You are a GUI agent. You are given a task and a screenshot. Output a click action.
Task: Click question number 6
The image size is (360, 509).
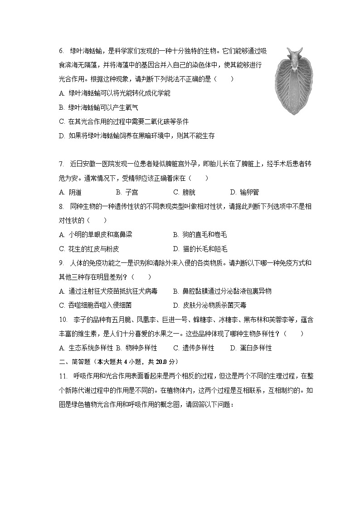[61, 50]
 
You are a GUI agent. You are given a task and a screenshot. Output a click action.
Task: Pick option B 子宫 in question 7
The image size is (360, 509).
[127, 192]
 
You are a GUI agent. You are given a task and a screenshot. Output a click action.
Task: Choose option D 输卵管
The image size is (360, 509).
[244, 192]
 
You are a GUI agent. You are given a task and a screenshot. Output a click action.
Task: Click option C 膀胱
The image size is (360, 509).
[184, 192]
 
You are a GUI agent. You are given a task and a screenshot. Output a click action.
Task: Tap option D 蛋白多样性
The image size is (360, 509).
[251, 348]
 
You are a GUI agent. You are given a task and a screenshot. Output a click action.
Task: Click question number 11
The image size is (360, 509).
[63, 376]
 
